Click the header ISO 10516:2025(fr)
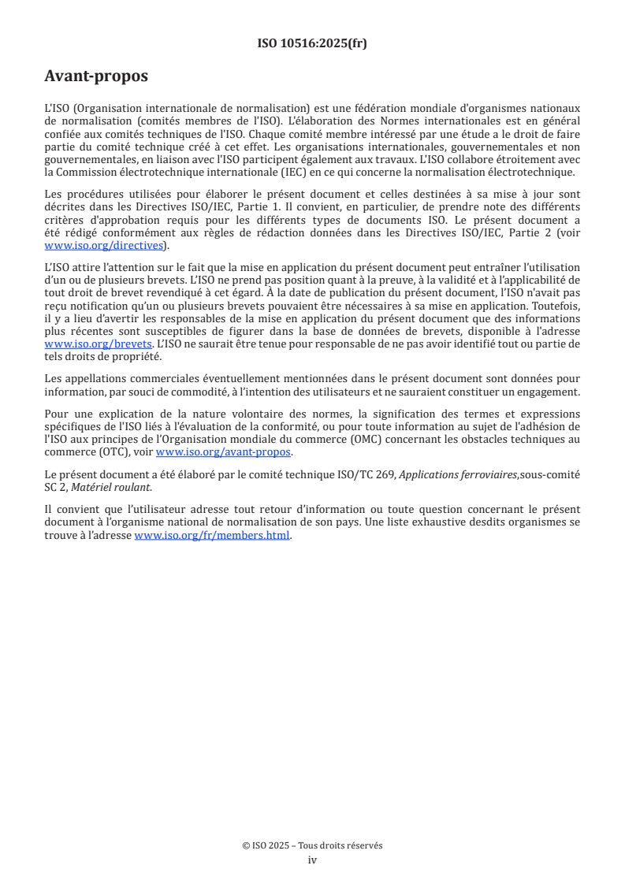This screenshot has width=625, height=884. pos(312,43)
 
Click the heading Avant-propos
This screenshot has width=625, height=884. pos(96,76)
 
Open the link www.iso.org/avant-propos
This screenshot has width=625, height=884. pos(224,451)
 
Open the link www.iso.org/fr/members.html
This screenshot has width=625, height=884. pos(212,535)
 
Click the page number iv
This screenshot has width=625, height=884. pos(312,860)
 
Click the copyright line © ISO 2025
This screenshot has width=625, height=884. pos(312,845)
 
